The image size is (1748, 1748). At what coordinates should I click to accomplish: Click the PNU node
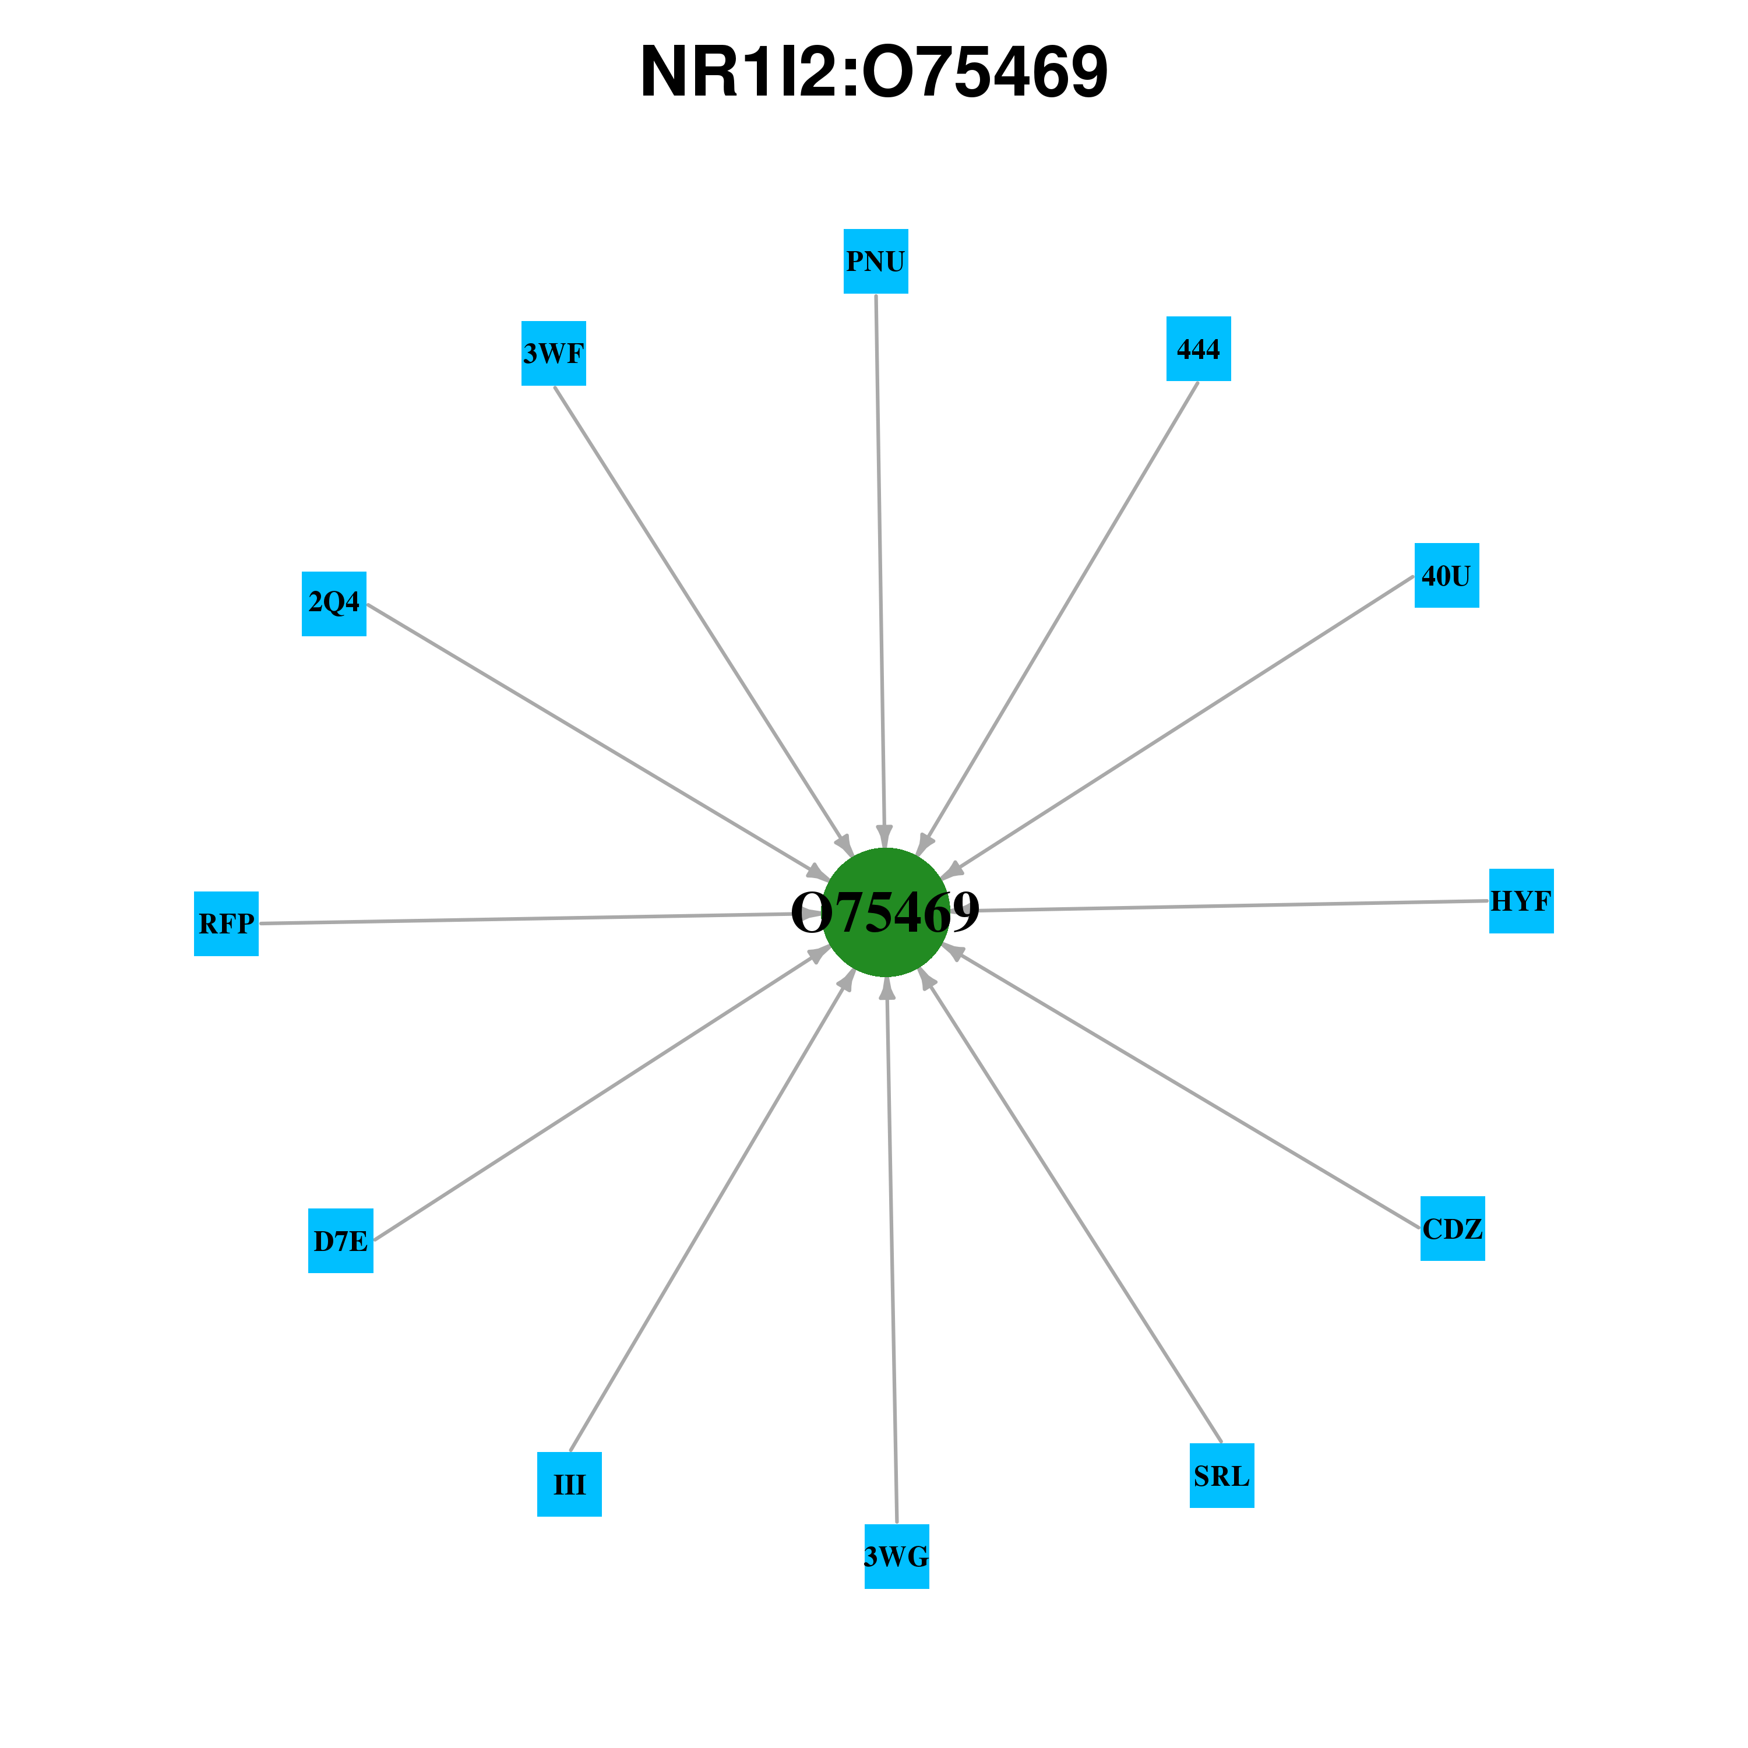(x=876, y=262)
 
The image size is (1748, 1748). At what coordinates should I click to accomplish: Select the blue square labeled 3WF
(x=554, y=353)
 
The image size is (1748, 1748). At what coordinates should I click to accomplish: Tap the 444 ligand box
(x=1199, y=348)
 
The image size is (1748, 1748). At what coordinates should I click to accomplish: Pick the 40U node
(x=1447, y=576)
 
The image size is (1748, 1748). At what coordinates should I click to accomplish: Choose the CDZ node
(x=1453, y=1229)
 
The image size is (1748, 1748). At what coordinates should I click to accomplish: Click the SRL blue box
(x=1221, y=1476)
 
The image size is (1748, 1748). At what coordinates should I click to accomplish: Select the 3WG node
(x=897, y=1557)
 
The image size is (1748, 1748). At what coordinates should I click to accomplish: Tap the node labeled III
(x=569, y=1485)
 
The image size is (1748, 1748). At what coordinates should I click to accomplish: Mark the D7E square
(x=341, y=1241)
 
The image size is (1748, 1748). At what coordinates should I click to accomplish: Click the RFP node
(x=226, y=924)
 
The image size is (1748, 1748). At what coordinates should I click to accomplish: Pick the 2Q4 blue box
(x=334, y=604)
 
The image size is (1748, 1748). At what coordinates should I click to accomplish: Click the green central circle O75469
(x=886, y=912)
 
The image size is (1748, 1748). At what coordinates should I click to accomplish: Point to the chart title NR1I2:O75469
(x=874, y=72)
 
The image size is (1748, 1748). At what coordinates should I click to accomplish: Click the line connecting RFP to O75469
(x=540, y=918)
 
